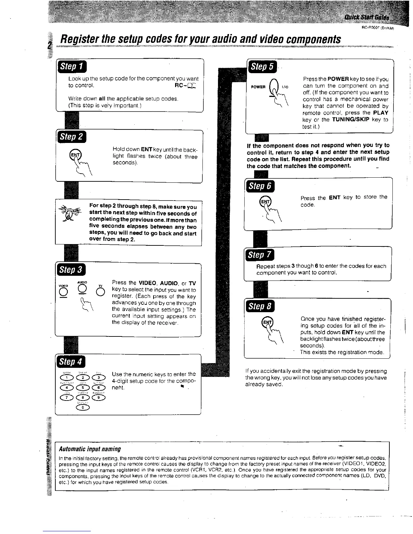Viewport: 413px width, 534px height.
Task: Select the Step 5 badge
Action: tap(262, 66)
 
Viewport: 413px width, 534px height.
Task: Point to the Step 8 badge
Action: tap(260, 306)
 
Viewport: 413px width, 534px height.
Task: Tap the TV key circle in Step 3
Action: tap(100, 292)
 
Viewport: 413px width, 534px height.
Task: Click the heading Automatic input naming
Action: tap(90, 449)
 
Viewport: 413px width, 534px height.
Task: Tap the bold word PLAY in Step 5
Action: tap(381, 113)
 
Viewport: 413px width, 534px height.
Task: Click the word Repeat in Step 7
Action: tap(266, 266)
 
